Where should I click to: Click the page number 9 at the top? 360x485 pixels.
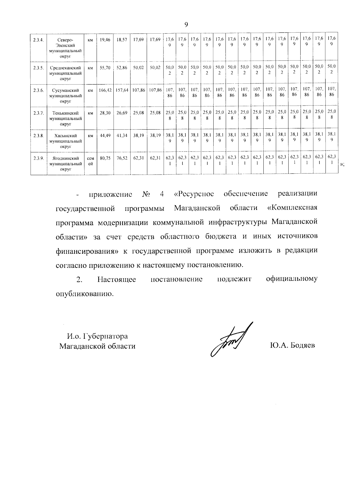pos(186,25)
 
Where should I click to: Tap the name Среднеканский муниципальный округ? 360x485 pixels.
pos(65,73)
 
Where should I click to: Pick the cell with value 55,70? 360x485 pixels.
pos(105,68)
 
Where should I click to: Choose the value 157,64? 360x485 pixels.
pos(122,90)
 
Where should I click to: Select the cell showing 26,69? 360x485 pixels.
pos(122,113)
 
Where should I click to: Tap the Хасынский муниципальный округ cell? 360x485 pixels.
pos(65,141)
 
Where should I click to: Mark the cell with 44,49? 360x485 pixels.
pos(105,136)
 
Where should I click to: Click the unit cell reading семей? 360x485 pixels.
pos(90,161)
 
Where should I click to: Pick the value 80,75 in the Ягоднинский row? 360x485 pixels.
pos(105,158)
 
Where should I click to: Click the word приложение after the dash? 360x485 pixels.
pos(111,194)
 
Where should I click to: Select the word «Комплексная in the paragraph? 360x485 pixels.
pos(292,208)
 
